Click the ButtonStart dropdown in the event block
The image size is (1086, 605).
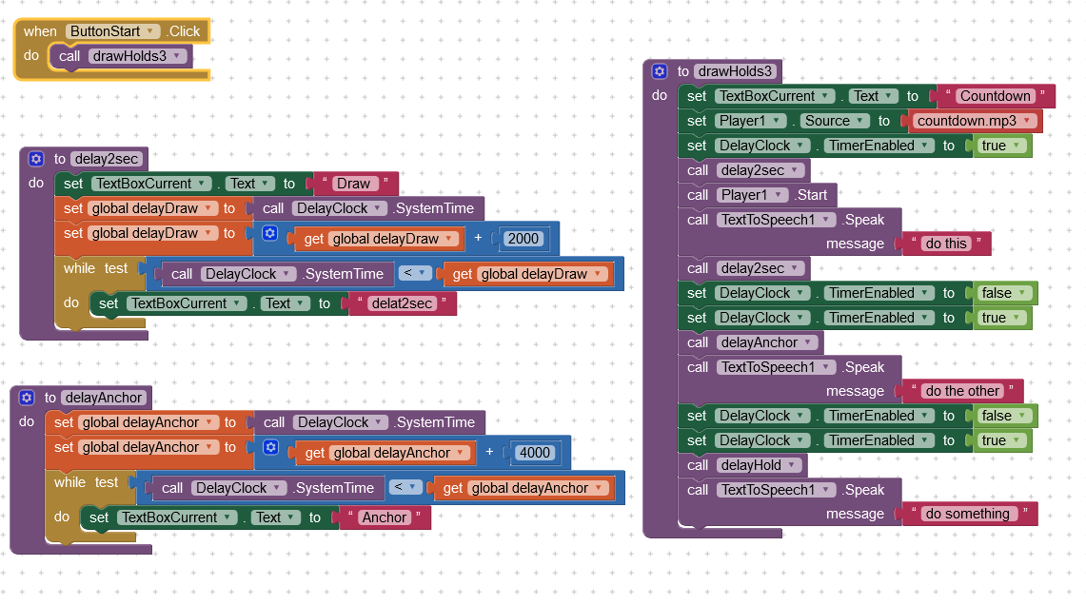[x=113, y=31]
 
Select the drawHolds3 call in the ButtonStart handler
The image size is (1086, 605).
[x=121, y=56]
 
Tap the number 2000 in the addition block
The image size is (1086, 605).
[x=523, y=239]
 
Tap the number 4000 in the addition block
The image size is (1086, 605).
[x=535, y=453]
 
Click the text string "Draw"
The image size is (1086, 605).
[x=354, y=184]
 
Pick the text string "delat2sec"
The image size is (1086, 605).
[x=402, y=303]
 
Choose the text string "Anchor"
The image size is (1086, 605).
[x=385, y=517]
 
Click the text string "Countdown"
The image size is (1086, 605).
[x=996, y=96]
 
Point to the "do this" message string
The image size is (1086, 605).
[x=946, y=244]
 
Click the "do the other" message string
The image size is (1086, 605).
[x=962, y=391]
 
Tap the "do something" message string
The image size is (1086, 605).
[x=968, y=514]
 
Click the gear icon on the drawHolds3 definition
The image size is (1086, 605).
[x=660, y=71]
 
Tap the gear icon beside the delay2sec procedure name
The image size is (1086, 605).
[x=36, y=159]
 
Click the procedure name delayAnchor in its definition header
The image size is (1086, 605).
[x=104, y=398]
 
